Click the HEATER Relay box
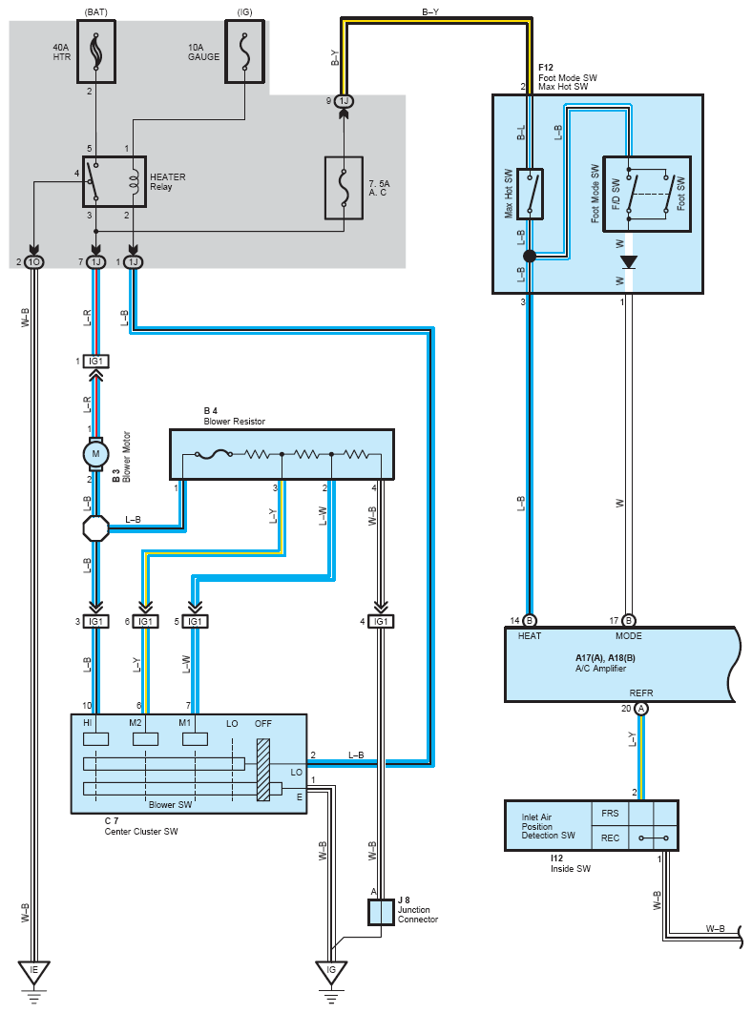tap(114, 181)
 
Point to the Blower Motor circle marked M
tap(95, 455)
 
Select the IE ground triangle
tap(34, 970)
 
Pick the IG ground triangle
tap(331, 970)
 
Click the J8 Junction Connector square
tap(381, 912)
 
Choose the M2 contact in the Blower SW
tap(145, 738)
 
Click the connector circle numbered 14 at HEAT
tap(530, 620)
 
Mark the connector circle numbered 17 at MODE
tap(628, 620)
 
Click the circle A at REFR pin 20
tap(640, 709)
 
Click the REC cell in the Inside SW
tap(610, 838)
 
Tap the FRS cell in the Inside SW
tap(610, 814)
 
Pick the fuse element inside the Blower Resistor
tap(222, 455)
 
